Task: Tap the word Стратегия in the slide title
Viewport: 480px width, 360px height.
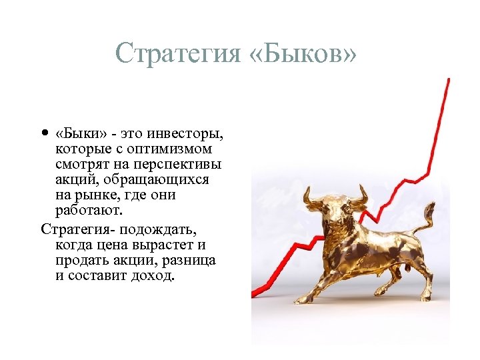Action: [177, 53]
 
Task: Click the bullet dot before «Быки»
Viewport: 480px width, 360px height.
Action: [45, 133]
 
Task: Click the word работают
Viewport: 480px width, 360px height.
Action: [90, 211]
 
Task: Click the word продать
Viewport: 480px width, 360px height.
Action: [81, 260]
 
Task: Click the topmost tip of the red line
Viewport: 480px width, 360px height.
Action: [448, 79]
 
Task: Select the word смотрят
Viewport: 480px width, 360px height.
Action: [81, 165]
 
